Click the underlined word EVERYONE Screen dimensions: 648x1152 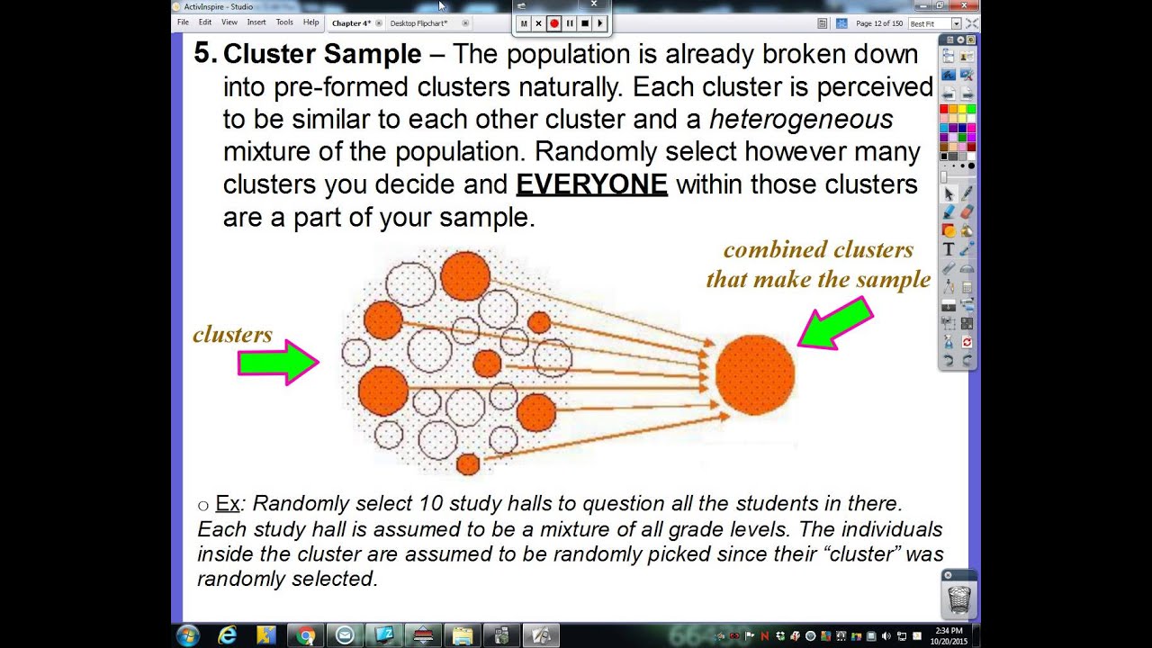[591, 184]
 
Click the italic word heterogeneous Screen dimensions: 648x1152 [801, 119]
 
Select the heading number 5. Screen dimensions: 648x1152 [204, 53]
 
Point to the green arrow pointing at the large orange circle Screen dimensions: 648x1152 [836, 323]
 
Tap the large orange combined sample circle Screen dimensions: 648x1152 [754, 374]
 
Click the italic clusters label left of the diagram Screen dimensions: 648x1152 [232, 335]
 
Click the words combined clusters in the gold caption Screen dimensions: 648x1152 [817, 249]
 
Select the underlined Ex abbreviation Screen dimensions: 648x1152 [227, 503]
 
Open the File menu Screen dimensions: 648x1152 [183, 22]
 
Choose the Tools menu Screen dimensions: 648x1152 [284, 22]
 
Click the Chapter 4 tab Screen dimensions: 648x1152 [351, 23]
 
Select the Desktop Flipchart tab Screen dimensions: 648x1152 [418, 23]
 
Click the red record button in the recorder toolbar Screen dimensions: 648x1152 [554, 23]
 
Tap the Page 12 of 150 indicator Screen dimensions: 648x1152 [878, 23]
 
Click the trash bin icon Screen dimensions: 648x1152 [959, 598]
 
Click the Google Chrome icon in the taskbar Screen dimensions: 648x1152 [306, 635]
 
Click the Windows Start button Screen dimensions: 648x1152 [188, 635]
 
